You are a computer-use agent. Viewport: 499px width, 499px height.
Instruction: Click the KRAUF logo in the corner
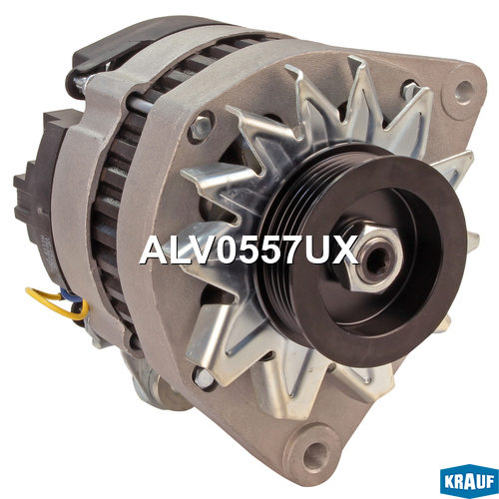[x=469, y=481]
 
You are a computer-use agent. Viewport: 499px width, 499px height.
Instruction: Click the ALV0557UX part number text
[x=249, y=249]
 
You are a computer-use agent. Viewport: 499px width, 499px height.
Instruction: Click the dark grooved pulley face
[x=377, y=262]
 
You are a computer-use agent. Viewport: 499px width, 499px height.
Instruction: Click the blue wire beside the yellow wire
[x=72, y=297]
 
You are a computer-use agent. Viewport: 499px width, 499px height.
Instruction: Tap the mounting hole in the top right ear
[x=464, y=89]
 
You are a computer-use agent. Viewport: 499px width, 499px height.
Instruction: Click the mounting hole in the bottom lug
[x=313, y=451]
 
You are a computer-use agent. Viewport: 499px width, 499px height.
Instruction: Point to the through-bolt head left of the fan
[x=200, y=127]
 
